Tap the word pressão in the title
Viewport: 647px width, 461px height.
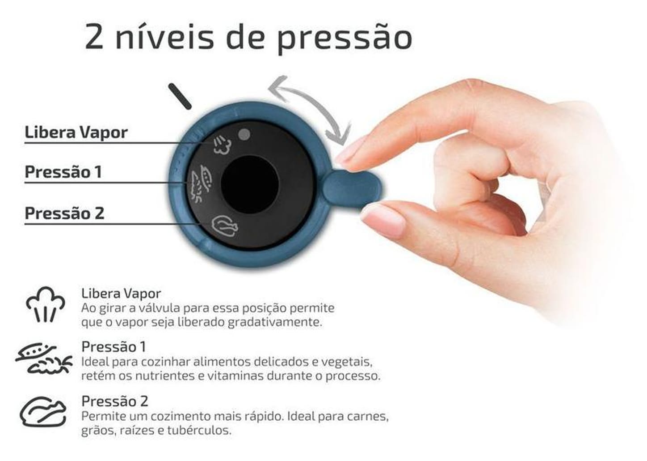coord(344,38)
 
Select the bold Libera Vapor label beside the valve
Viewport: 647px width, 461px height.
coord(76,132)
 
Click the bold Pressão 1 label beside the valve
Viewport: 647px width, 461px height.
coord(63,172)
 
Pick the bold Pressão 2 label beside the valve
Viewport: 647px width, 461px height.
coord(64,213)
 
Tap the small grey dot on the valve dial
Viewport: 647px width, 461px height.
coord(244,134)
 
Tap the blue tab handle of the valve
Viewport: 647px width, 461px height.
coord(353,188)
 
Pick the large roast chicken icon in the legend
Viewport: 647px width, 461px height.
coord(43,411)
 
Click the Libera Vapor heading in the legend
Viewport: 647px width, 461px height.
coord(121,294)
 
